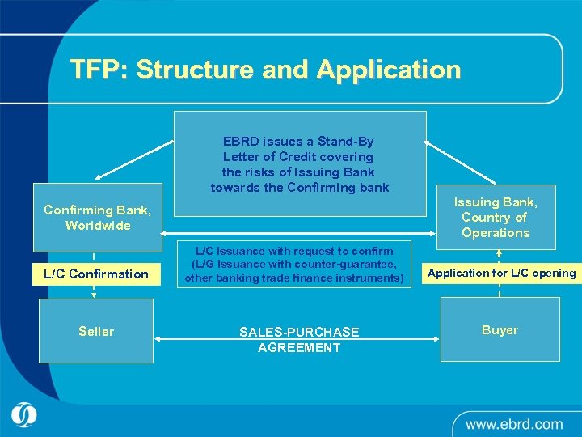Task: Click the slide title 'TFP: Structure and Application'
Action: point(265,70)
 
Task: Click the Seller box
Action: point(96,331)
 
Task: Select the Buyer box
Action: point(500,329)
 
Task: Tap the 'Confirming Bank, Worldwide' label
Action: point(97,218)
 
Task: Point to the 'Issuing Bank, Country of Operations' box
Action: point(496,218)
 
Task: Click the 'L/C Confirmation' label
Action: point(96,274)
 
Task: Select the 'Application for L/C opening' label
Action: point(501,273)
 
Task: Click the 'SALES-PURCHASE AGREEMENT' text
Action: point(299,340)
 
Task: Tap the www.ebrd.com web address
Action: point(513,423)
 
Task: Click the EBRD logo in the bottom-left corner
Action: point(24,415)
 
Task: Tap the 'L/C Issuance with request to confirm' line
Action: point(294,251)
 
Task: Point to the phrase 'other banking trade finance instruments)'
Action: point(294,278)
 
